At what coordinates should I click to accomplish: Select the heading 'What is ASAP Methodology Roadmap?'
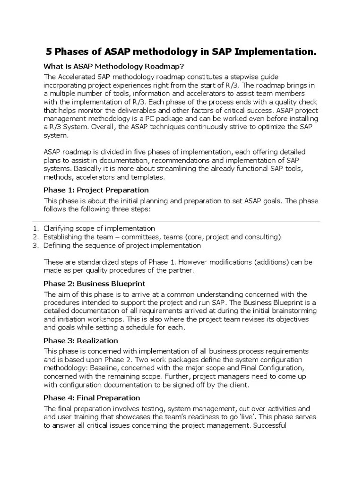114,66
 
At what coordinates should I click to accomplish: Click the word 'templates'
148,177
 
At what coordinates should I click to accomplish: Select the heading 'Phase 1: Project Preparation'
96,190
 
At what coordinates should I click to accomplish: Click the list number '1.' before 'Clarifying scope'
35,228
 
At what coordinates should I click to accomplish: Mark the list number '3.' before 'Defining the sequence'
35,245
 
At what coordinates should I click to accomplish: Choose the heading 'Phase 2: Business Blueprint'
94,284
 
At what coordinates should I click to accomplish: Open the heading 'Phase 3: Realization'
81,341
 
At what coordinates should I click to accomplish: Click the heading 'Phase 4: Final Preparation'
92,398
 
